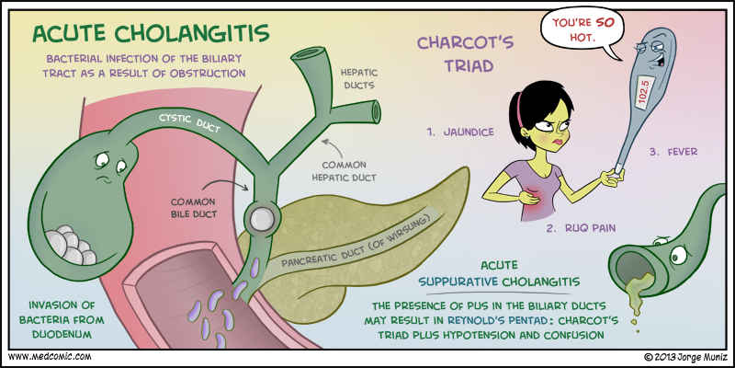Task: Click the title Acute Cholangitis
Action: pos(151,34)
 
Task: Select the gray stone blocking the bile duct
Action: pos(259,218)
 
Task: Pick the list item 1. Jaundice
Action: pos(460,132)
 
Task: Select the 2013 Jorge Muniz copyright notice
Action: pos(685,355)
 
